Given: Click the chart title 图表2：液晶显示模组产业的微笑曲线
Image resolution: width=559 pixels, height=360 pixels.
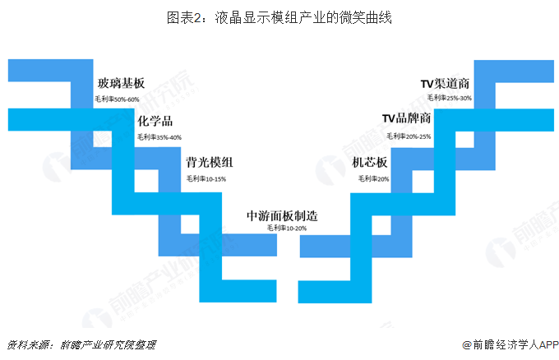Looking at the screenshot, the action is [x=279, y=17].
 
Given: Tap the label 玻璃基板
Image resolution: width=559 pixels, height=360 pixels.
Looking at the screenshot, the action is [x=121, y=83].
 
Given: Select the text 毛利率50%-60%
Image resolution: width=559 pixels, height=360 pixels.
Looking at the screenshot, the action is [x=117, y=99].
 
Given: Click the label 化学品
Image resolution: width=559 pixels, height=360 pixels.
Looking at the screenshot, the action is [x=155, y=121].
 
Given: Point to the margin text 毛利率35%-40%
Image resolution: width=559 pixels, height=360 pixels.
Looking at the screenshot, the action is [x=159, y=137].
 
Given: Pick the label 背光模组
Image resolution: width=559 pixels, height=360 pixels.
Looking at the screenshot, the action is [x=210, y=163].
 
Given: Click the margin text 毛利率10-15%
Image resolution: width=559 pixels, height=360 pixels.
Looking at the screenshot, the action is [x=206, y=178].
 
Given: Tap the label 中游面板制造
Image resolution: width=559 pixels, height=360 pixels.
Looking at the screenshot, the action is [x=282, y=215].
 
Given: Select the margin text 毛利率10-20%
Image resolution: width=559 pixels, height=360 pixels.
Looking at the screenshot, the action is [x=287, y=228].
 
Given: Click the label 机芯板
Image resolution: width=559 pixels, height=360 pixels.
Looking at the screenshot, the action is [x=370, y=163].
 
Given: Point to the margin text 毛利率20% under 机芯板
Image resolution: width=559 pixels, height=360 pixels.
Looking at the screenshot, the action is [x=373, y=178].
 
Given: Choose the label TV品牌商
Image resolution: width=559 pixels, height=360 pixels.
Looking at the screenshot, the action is [x=406, y=118].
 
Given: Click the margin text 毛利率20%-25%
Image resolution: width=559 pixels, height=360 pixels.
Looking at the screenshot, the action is [x=409, y=136].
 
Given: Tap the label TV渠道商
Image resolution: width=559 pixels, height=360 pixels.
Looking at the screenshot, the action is [x=445, y=83].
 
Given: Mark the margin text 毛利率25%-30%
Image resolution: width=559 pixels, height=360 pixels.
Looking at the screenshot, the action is [x=449, y=98].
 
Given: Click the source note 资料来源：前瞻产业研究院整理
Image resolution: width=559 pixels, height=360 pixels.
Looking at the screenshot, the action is [x=81, y=344].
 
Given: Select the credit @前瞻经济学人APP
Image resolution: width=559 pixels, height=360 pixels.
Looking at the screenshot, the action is [x=510, y=344].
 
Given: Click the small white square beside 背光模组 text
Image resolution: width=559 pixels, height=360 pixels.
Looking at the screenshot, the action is [x=146, y=181].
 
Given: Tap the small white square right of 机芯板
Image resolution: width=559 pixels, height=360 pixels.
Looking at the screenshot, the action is [x=423, y=182].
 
